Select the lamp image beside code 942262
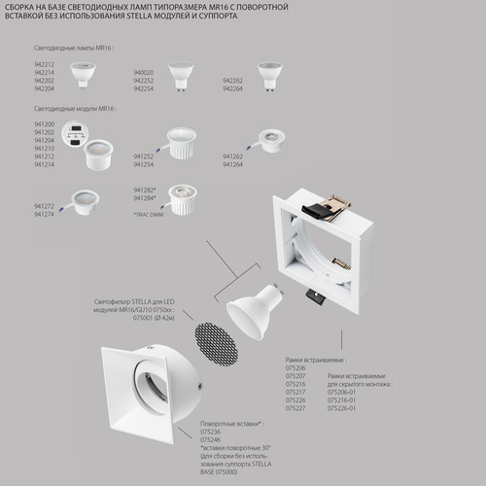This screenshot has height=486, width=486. (268, 71)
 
